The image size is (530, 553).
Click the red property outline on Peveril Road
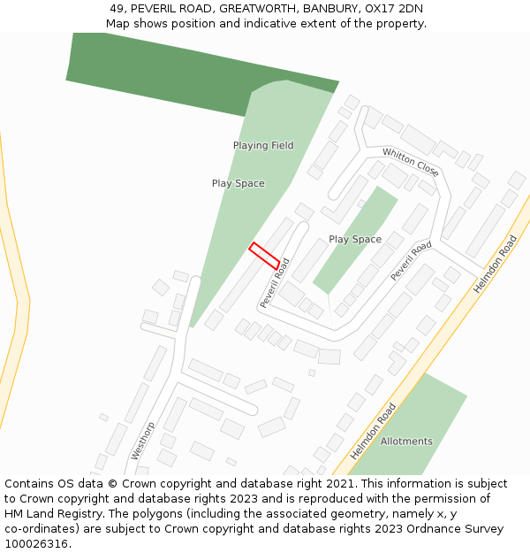pos(264,255)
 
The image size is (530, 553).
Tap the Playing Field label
pos(263,145)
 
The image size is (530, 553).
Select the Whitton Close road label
pos(410,162)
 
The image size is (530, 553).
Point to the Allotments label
pos(406,441)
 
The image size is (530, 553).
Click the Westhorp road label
pos(142,440)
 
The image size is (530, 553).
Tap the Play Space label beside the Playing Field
pos(238,183)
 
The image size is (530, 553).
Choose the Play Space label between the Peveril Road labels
pos(355,239)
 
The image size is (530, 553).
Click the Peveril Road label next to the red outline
pos(276,283)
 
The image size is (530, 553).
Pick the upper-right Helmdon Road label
pos(495,264)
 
